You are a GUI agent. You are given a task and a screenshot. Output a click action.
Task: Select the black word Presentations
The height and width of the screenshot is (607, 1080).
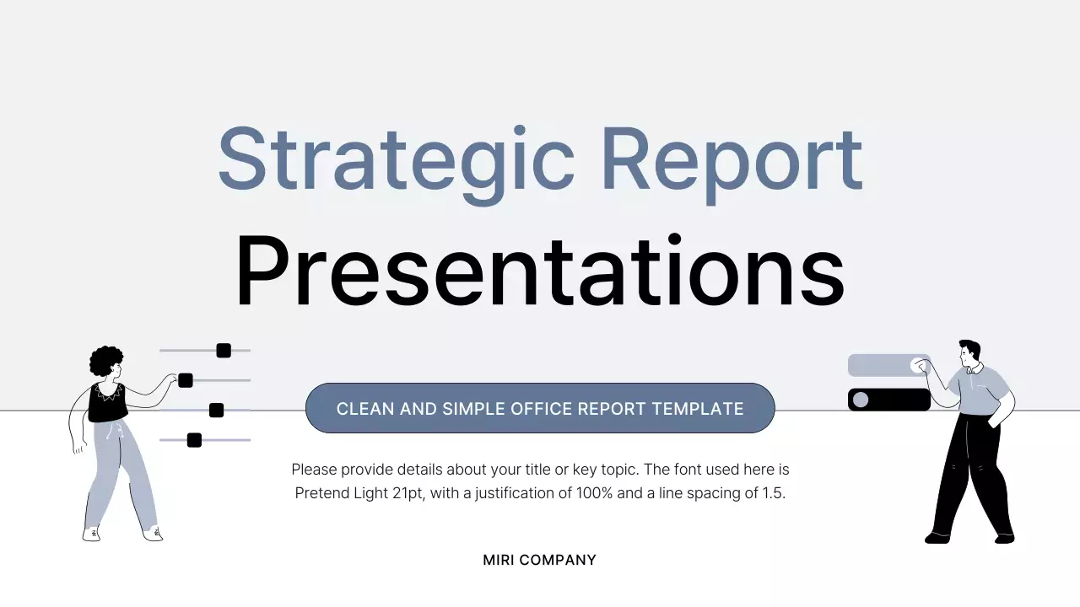click(540, 271)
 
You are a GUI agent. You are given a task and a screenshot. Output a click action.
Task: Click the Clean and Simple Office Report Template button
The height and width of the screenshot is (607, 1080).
click(540, 409)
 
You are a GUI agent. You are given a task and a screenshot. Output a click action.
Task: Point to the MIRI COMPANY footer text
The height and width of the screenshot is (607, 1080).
click(540, 560)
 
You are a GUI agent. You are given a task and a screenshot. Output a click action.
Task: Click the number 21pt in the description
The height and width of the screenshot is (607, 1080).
click(408, 493)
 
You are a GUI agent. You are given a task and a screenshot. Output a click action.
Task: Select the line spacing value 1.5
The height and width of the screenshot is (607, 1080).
click(773, 493)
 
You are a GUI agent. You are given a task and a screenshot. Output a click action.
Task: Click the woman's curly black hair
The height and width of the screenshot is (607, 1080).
click(105, 361)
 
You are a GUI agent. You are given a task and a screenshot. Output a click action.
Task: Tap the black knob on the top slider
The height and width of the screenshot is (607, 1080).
click(224, 351)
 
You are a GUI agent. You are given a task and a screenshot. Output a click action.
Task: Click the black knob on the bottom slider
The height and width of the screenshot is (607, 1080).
click(194, 440)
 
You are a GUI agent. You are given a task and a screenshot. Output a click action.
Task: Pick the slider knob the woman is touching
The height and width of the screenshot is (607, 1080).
click(186, 380)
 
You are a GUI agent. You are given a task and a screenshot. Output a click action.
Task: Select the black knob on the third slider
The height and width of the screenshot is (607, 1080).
click(216, 411)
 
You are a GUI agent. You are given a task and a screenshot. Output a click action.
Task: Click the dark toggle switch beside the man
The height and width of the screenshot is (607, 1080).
click(888, 400)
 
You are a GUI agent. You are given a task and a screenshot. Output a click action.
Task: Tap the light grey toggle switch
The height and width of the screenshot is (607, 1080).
click(888, 365)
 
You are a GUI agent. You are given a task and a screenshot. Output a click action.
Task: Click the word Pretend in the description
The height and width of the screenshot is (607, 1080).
click(321, 493)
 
